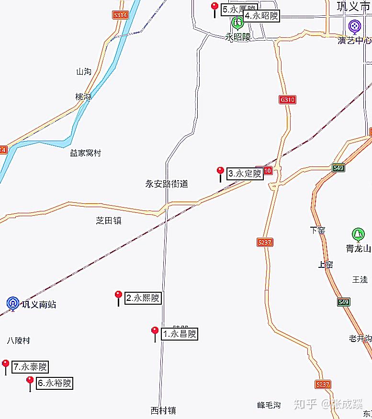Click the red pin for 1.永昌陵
pyautogui.click(x=155, y=331)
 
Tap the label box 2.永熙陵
pyautogui.click(x=143, y=298)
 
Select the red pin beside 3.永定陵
pyautogui.click(x=220, y=171)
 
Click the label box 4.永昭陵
pyautogui.click(x=261, y=16)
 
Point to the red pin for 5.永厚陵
pyautogui.click(x=215, y=7)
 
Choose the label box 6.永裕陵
pyautogui.click(x=55, y=383)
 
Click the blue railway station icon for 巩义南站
pyautogui.click(x=12, y=303)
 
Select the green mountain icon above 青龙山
pyautogui.click(x=357, y=234)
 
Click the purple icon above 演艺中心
pyautogui.click(x=354, y=25)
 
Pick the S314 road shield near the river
pyautogui.click(x=121, y=15)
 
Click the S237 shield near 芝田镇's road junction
pyautogui.click(x=264, y=242)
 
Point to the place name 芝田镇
pyautogui.click(x=109, y=221)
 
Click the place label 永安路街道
pyautogui.click(x=167, y=184)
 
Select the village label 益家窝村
pyautogui.click(x=86, y=153)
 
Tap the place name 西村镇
pyautogui.click(x=163, y=410)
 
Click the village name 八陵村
pyautogui.click(x=19, y=341)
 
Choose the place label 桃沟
pyautogui.click(x=83, y=97)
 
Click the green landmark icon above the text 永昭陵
pyautogui.click(x=237, y=22)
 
